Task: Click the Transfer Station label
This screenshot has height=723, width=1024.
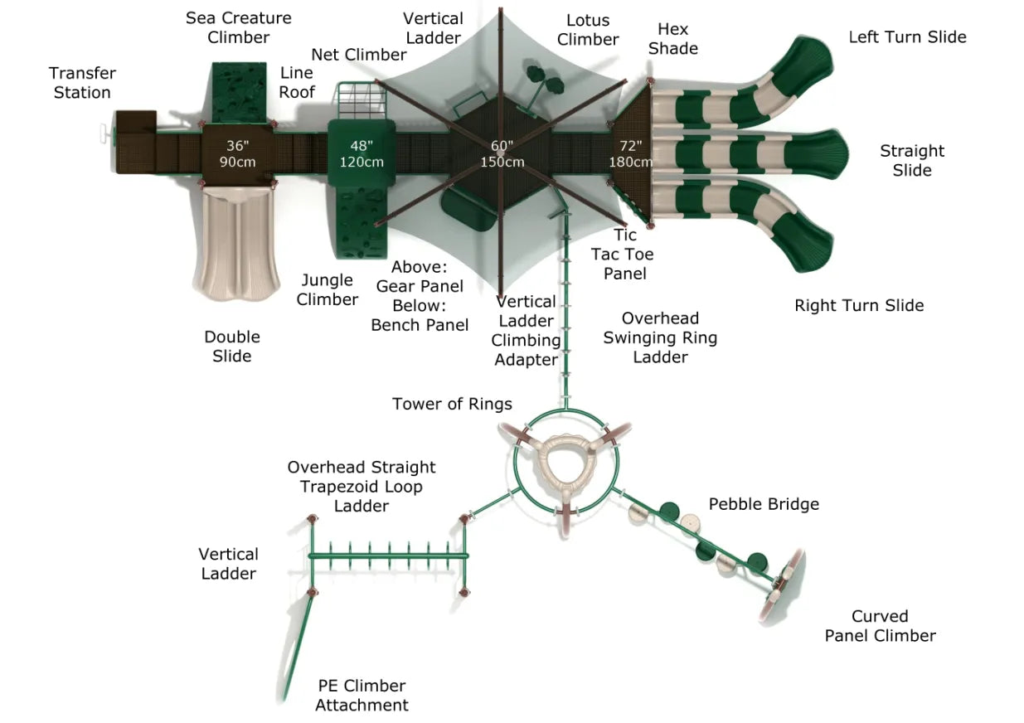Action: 82,83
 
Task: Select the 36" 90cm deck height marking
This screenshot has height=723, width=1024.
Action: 237,153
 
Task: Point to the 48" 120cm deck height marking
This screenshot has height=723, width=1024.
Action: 362,153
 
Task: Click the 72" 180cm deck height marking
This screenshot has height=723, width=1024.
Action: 631,153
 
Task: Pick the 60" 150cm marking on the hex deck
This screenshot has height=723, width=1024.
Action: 502,153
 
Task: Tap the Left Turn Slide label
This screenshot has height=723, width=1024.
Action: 907,36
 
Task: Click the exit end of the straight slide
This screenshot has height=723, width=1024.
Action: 833,153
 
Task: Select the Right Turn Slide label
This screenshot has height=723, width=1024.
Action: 859,305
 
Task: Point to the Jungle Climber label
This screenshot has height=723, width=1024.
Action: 328,289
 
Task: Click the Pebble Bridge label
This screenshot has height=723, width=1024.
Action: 763,504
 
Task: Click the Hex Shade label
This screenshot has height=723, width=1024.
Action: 672,39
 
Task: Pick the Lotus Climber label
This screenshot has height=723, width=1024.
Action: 588,30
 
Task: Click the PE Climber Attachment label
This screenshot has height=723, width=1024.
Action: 362,695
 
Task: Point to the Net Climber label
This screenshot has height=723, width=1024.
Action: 359,55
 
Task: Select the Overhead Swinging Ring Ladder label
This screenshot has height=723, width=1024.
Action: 660,337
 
